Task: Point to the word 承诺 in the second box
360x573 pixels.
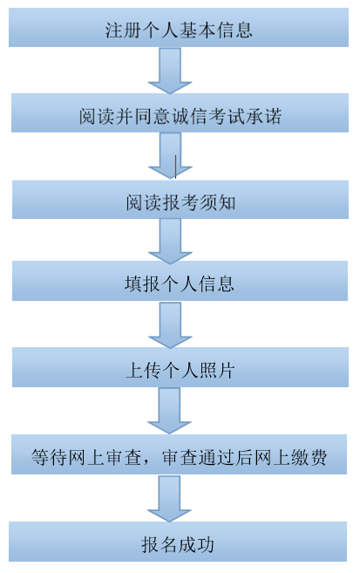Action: click(x=261, y=116)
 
